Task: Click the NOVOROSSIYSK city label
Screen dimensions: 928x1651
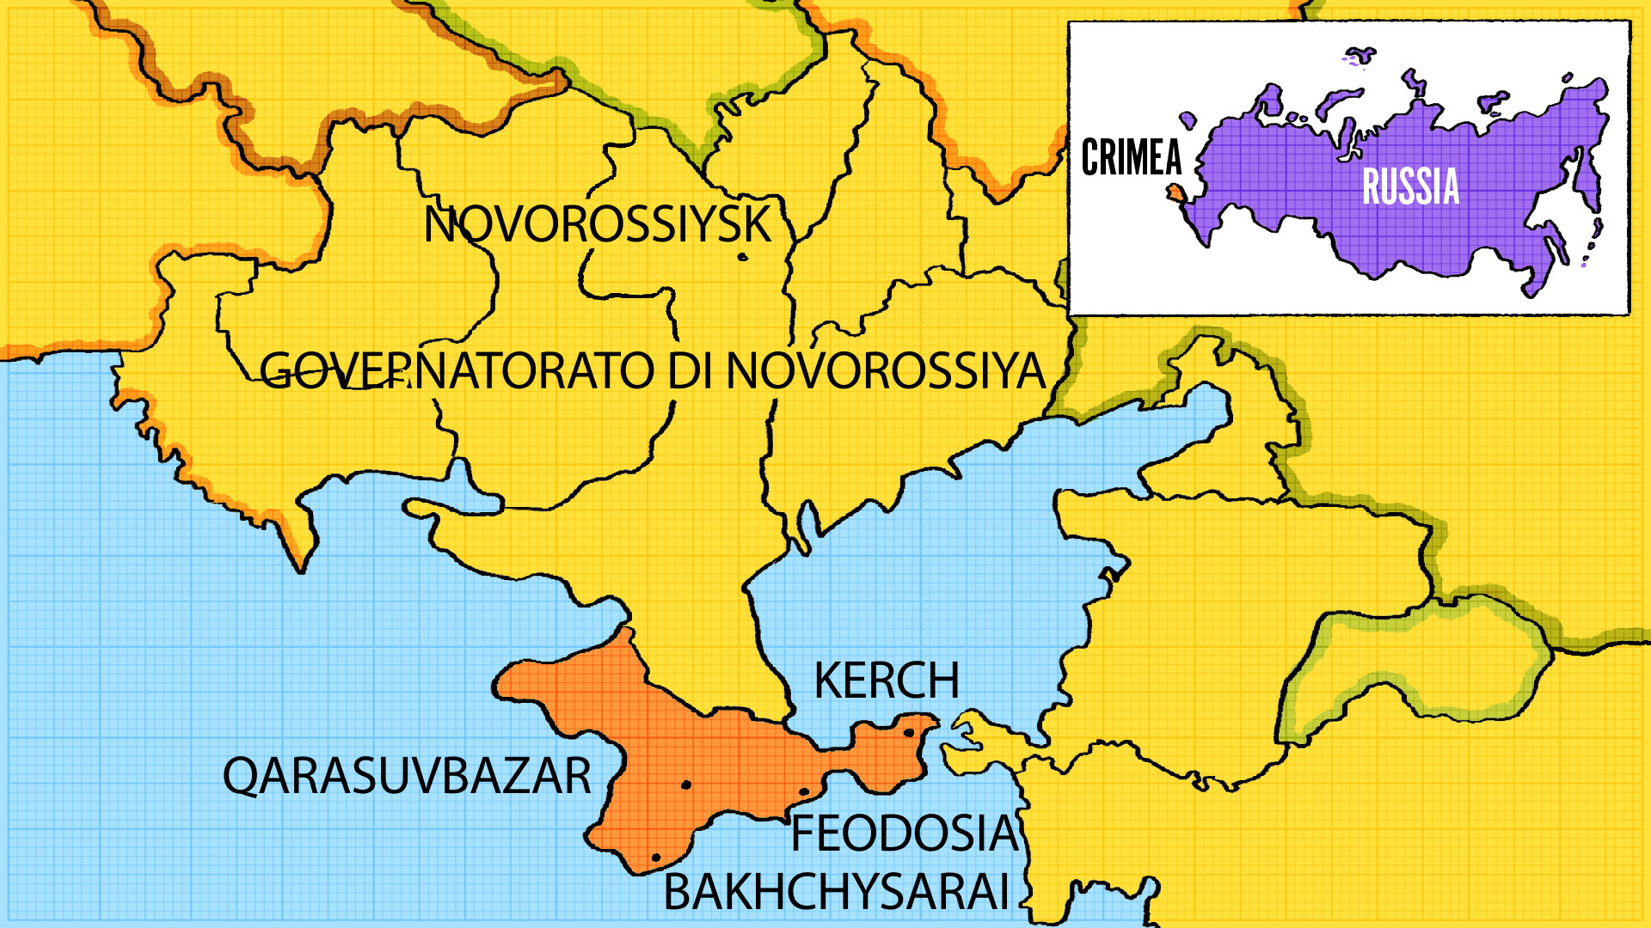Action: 598,225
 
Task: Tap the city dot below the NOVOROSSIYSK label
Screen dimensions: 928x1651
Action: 743,256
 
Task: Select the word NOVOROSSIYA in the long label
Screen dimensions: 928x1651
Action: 886,371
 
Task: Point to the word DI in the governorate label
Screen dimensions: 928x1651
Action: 691,371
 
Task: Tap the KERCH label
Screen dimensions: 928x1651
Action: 886,681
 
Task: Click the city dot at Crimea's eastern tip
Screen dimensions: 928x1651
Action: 909,733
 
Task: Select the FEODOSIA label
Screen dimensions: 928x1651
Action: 903,833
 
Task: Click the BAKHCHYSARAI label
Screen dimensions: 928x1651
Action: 836,892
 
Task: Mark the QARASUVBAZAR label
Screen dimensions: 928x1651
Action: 407,776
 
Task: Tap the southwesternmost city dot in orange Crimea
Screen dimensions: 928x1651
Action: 656,858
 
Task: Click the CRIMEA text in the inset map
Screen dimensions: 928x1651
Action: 1131,158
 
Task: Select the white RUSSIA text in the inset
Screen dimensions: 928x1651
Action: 1410,186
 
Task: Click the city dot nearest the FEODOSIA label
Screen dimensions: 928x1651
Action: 804,792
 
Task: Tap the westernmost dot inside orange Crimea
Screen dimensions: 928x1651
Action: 656,858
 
